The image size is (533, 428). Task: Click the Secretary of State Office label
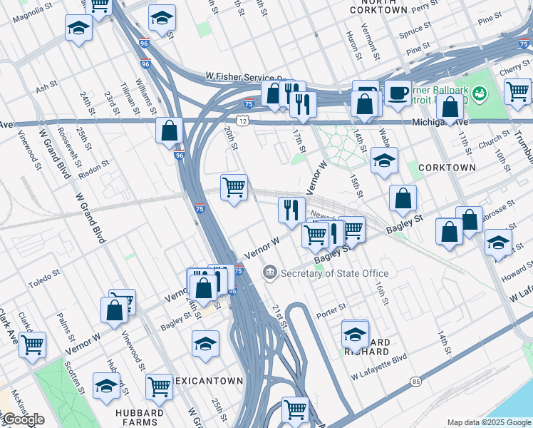(x=335, y=273)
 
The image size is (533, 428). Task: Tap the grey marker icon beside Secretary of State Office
(x=270, y=272)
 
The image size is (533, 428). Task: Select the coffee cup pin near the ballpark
(x=398, y=93)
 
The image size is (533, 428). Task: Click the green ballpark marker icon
(x=481, y=93)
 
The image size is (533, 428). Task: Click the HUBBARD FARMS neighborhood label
(x=139, y=412)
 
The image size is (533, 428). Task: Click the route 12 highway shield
(x=244, y=122)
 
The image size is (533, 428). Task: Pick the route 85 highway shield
(x=415, y=381)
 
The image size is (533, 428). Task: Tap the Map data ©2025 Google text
(x=488, y=422)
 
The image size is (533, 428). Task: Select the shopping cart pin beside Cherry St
(x=517, y=91)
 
